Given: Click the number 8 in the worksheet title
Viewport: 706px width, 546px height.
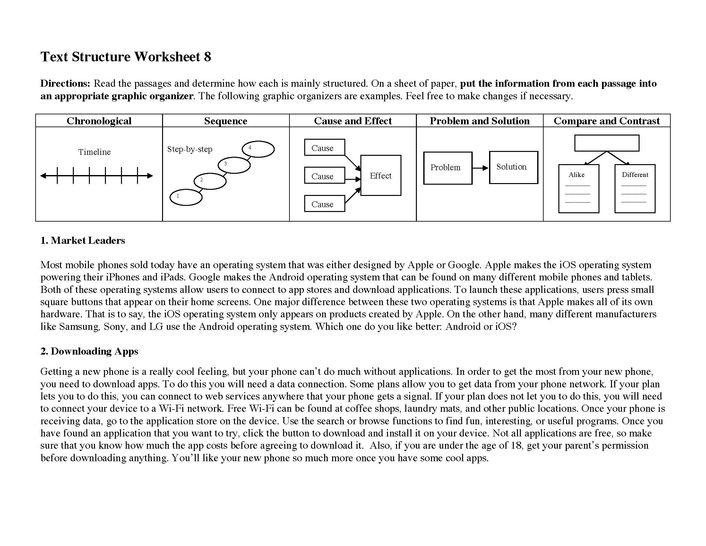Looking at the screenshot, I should click(207, 57).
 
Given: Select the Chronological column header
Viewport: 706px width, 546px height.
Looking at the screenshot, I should click(99, 121).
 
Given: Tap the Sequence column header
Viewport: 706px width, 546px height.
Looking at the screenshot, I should click(226, 121).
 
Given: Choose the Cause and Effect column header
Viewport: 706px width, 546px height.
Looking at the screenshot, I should click(353, 121).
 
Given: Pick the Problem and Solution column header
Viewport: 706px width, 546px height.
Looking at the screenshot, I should click(479, 121).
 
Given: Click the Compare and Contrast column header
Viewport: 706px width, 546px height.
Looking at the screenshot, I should click(607, 121).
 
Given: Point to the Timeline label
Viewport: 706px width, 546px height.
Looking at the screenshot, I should click(94, 152).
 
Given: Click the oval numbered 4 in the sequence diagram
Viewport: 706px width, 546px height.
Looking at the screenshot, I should click(258, 149).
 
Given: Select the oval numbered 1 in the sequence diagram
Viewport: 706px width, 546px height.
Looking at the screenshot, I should click(186, 197).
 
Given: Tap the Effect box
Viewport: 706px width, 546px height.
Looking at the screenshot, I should click(381, 176).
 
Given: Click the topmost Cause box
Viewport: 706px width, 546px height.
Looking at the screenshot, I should click(324, 147).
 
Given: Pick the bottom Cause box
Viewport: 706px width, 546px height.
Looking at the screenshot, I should click(324, 204).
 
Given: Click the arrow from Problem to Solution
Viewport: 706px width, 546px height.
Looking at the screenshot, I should click(480, 168).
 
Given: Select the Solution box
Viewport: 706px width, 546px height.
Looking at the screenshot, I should click(513, 167).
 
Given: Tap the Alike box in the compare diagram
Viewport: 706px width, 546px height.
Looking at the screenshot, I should click(579, 189).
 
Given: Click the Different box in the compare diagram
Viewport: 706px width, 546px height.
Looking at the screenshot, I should click(635, 189).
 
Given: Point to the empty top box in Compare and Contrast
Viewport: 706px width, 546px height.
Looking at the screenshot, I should click(607, 143).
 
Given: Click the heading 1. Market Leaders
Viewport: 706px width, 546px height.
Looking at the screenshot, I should click(83, 240).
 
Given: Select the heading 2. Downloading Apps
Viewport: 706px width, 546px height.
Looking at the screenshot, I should click(89, 351).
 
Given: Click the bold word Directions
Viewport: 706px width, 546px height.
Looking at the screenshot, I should click(65, 84).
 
